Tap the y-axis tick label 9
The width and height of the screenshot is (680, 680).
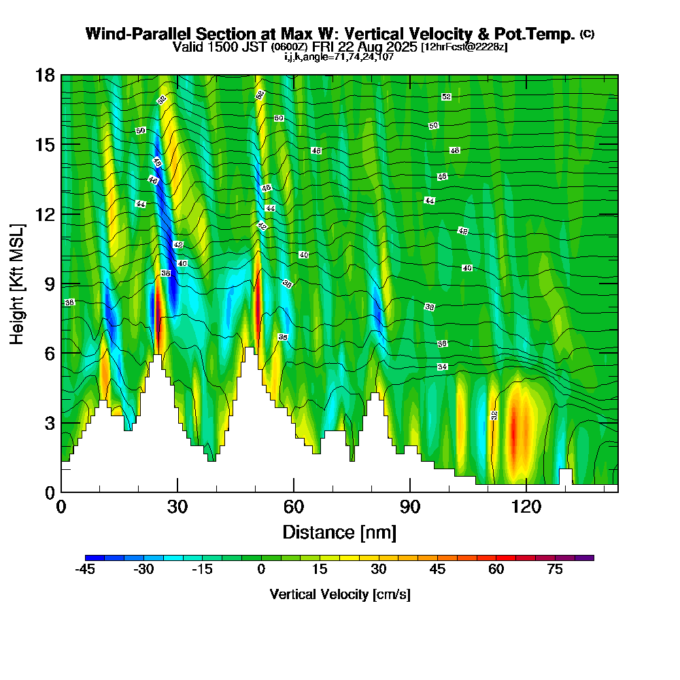click(49, 284)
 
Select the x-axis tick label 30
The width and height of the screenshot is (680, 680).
click(177, 507)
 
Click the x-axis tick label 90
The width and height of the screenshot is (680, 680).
click(409, 507)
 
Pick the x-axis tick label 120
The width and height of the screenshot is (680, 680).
click(526, 507)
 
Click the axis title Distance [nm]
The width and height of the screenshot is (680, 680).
click(339, 532)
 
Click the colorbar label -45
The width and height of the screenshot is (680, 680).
click(85, 570)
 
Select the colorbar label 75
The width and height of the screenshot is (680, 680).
click(555, 570)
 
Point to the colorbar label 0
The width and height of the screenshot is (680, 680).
click(261, 570)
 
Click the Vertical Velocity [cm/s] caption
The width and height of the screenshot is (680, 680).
click(339, 594)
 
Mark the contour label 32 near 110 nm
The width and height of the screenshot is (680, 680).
click(494, 415)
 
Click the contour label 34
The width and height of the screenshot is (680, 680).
click(443, 367)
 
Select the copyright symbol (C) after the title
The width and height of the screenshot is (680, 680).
click(588, 34)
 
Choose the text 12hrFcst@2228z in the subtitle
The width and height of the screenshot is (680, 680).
click(464, 47)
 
